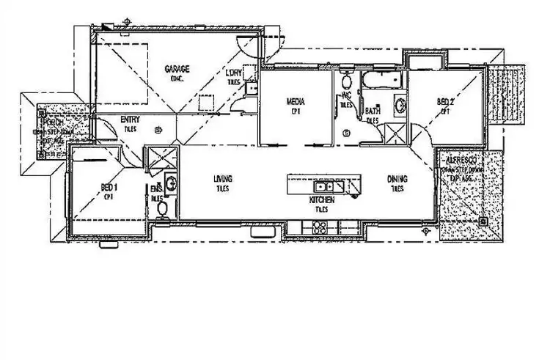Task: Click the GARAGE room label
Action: pyautogui.click(x=177, y=70)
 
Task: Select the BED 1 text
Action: pyautogui.click(x=109, y=188)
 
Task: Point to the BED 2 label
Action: pyautogui.click(x=445, y=103)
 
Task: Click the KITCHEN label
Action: pyautogui.click(x=322, y=199)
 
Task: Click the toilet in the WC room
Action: pyautogui.click(x=346, y=81)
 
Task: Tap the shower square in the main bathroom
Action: pyautogui.click(x=395, y=133)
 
